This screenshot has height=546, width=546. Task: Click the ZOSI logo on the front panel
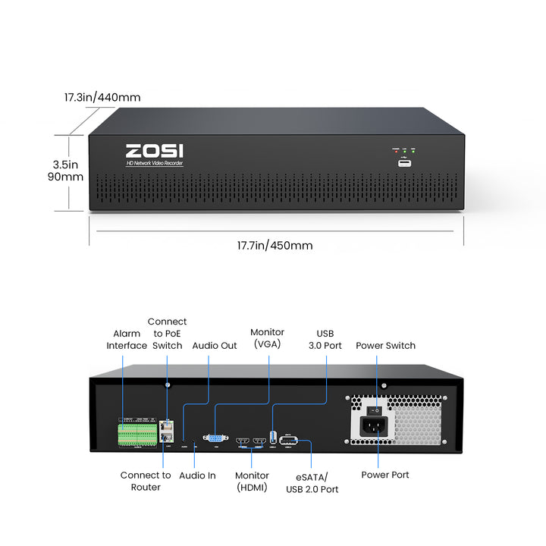pos(154,152)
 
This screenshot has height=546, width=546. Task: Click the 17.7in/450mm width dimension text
pos(275,246)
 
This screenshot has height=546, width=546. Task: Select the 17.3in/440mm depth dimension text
pos(102,98)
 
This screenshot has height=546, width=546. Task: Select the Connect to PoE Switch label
pos(167,334)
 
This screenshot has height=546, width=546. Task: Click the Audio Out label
pos(215,345)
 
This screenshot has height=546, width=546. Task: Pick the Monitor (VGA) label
pos(267,339)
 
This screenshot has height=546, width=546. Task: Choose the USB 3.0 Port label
pos(325,339)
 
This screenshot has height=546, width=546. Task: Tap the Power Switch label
pos(385,345)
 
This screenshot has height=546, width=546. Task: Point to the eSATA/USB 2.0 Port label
pos(312,483)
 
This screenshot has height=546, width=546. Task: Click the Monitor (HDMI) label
pos(252,482)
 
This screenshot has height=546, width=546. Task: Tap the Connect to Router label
pos(146,481)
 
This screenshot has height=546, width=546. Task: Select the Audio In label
pos(197,475)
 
